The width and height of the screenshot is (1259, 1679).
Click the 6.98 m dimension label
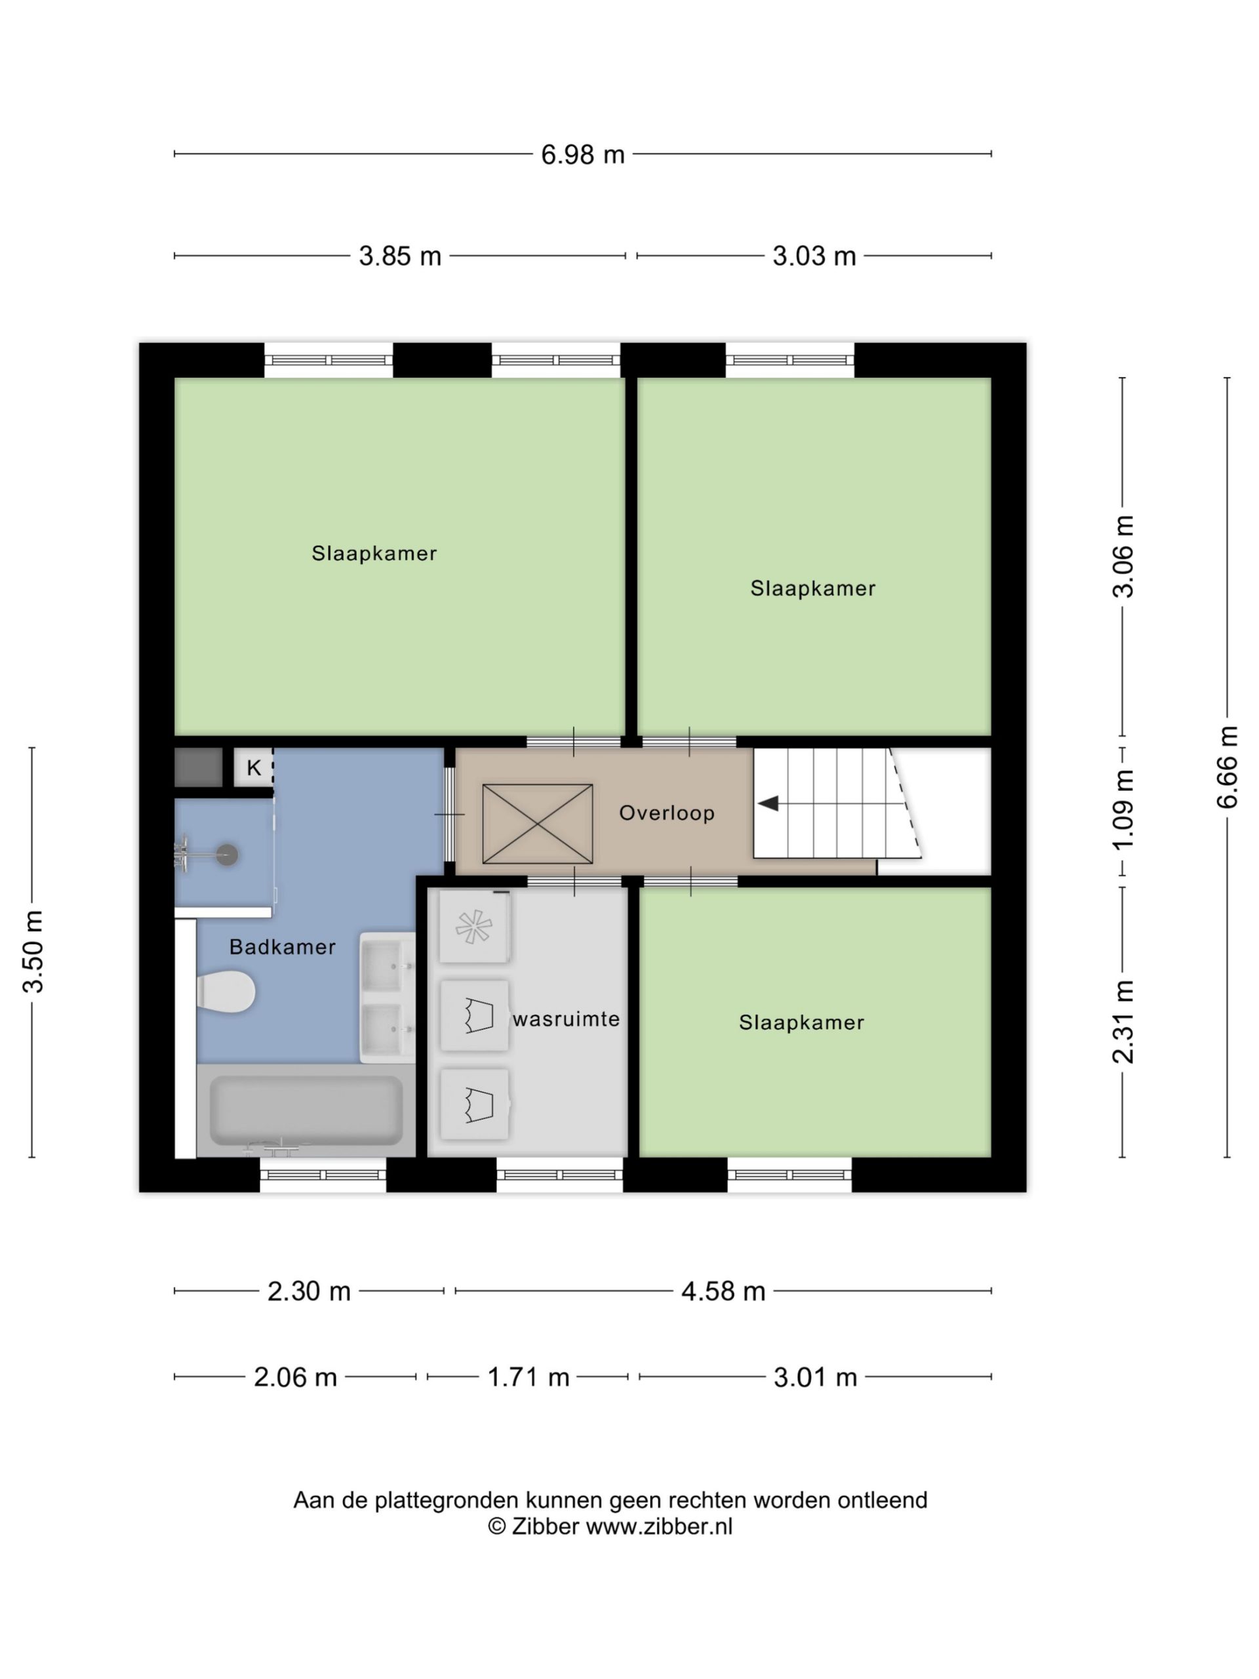click(582, 155)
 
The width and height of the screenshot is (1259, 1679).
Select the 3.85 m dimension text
click(400, 256)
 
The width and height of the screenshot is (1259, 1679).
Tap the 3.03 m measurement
click(814, 256)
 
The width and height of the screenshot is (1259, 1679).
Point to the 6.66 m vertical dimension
click(1227, 767)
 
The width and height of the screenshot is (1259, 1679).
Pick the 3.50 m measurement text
click(33, 951)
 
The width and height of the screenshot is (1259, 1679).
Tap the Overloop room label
click(666, 813)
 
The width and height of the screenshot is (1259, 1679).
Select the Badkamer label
click(283, 946)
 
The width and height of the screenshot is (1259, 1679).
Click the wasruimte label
click(566, 1019)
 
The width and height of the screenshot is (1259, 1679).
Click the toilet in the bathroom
click(226, 991)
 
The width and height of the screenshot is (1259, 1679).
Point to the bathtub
click(306, 1110)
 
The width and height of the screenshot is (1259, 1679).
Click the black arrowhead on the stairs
click(768, 803)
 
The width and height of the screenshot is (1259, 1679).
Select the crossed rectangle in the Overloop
click(537, 824)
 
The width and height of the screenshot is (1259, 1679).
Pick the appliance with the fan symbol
click(474, 927)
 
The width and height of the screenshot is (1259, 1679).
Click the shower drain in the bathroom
click(227, 855)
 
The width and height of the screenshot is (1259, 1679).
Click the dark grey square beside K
click(198, 767)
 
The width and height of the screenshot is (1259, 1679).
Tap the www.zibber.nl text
click(660, 1526)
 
